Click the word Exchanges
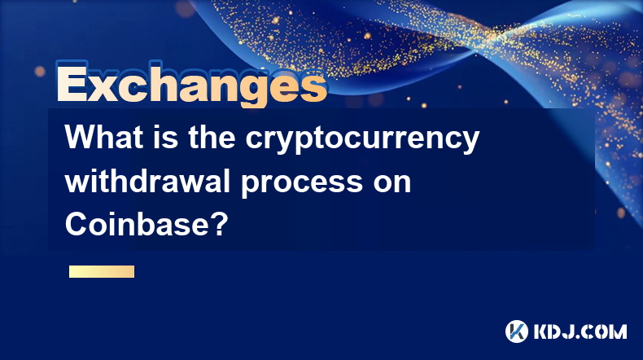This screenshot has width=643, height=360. (191, 84)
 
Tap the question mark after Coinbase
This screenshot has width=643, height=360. (221, 224)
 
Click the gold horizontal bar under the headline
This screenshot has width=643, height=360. (102, 271)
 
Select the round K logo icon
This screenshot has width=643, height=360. (517, 331)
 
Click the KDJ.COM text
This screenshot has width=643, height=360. (580, 331)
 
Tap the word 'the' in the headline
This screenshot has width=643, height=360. (212, 137)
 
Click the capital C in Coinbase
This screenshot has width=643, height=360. (76, 224)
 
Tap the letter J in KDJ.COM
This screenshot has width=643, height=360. (571, 331)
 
